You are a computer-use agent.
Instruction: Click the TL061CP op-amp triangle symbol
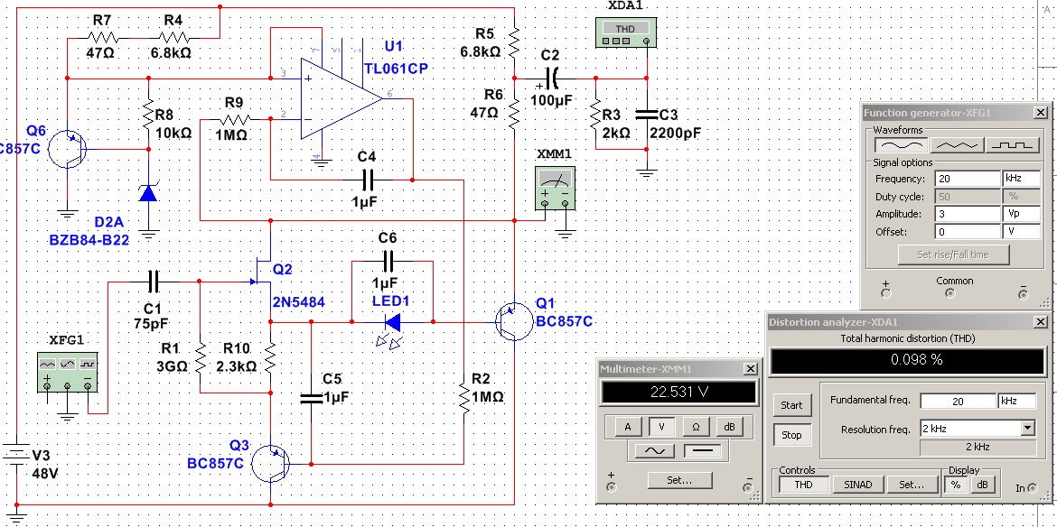(x=341, y=98)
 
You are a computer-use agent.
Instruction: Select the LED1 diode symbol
(x=392, y=323)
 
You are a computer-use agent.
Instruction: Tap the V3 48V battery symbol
(x=15, y=454)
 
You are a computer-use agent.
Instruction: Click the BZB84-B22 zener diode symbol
(x=148, y=193)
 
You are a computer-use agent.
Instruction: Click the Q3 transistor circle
(x=270, y=464)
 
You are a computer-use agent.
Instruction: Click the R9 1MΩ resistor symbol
(x=233, y=119)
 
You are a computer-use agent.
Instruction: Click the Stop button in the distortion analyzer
(x=791, y=435)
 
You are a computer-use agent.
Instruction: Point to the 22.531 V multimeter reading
(x=678, y=392)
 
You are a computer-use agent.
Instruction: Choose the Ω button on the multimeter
(x=696, y=426)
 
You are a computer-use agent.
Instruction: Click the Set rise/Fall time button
(x=953, y=254)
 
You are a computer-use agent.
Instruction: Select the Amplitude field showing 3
(x=968, y=214)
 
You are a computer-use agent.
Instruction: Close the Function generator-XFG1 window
(x=1041, y=113)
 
